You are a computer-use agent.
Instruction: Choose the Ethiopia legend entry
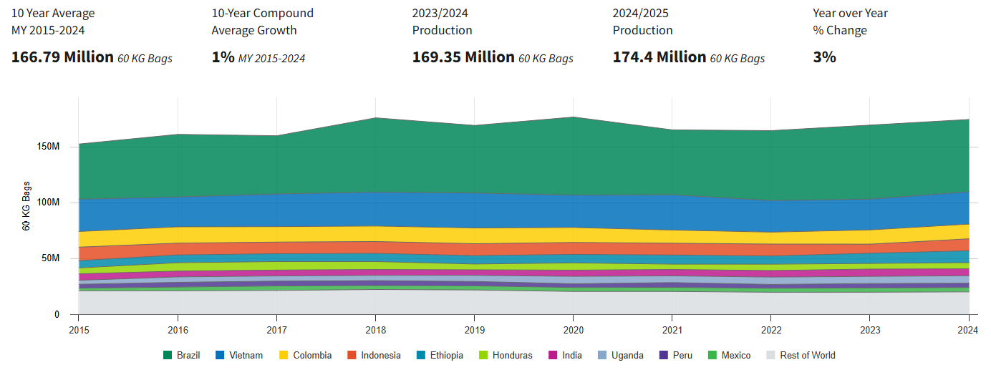[446, 355]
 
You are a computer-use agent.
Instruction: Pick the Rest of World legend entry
[807, 355]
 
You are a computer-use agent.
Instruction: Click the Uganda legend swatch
[602, 355]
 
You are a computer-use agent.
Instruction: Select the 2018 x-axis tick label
[375, 329]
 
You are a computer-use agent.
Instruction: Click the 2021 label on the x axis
[672, 329]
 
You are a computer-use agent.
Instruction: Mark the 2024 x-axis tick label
[967, 329]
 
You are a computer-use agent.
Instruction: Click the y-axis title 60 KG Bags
[26, 205]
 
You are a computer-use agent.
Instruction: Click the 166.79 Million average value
[62, 57]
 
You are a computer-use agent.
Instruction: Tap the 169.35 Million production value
[463, 57]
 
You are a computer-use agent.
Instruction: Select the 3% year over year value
[824, 57]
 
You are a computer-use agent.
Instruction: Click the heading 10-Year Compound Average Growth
[262, 21]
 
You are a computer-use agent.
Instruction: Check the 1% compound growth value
[223, 57]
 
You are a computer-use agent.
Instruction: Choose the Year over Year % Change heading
[850, 21]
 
